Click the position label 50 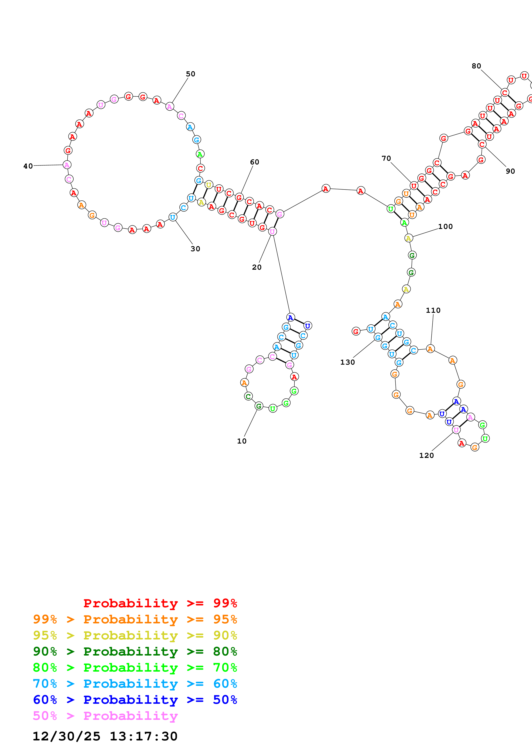pos(190,74)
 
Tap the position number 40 pos(28,166)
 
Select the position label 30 pos(195,249)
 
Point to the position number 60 pos(255,162)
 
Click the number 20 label pos(257,267)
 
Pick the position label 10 pos(242,441)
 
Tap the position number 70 pos(386,158)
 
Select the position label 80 pos(476,66)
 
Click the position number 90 pos(510,171)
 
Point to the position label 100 pos(446,227)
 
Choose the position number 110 pos(433,310)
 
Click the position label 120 pos(426,456)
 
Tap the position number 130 pos(347,362)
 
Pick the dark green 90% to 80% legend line pos(135,651)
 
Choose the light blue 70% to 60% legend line pos(135,684)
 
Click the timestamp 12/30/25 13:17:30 pos(105,736)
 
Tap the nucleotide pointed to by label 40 pos(67,165)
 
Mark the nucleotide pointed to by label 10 pos(259,406)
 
